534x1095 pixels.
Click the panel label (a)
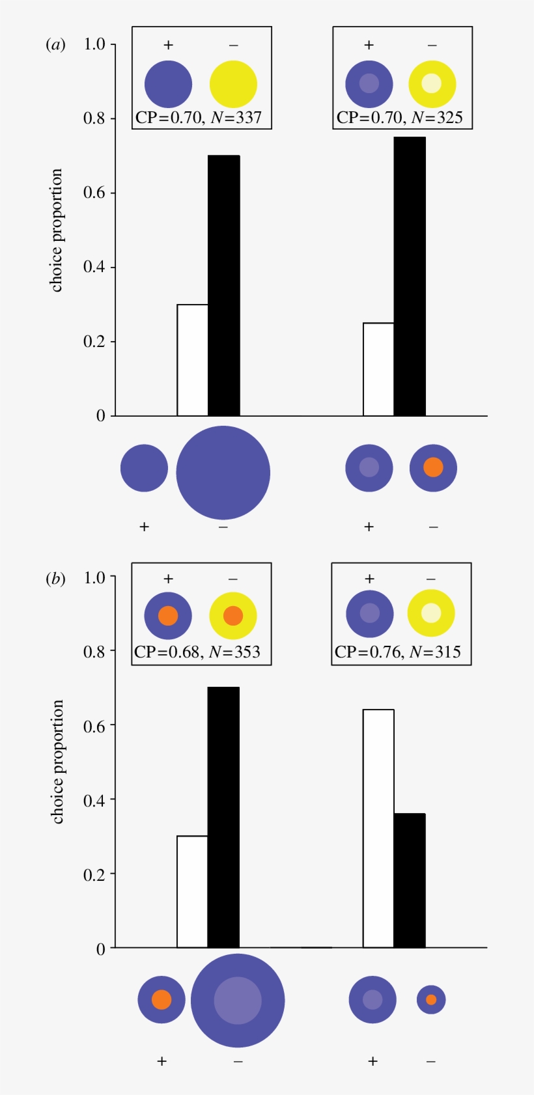pyautogui.click(x=55, y=45)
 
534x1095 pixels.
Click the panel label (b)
pyautogui.click(x=55, y=578)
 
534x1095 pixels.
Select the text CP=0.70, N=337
pyautogui.click(x=199, y=118)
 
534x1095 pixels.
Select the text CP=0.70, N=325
pyautogui.click(x=400, y=118)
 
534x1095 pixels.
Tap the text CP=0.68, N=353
pyautogui.click(x=197, y=652)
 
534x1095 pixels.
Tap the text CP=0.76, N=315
pyautogui.click(x=398, y=652)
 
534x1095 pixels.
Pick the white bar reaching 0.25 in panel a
pyautogui.click(x=378, y=369)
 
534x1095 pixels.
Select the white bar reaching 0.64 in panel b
pyautogui.click(x=378, y=828)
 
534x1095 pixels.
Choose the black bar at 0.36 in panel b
pyautogui.click(x=410, y=880)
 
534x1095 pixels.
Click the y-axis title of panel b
pyautogui.click(x=57, y=762)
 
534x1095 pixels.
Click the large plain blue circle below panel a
pyautogui.click(x=223, y=473)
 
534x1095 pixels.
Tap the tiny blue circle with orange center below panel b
pyautogui.click(x=431, y=999)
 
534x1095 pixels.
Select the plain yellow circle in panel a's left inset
pyautogui.click(x=233, y=84)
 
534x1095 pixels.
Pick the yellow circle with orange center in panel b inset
pyautogui.click(x=233, y=615)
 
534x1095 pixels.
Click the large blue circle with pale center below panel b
pyautogui.click(x=238, y=1001)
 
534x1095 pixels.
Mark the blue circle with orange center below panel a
pyautogui.click(x=433, y=467)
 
